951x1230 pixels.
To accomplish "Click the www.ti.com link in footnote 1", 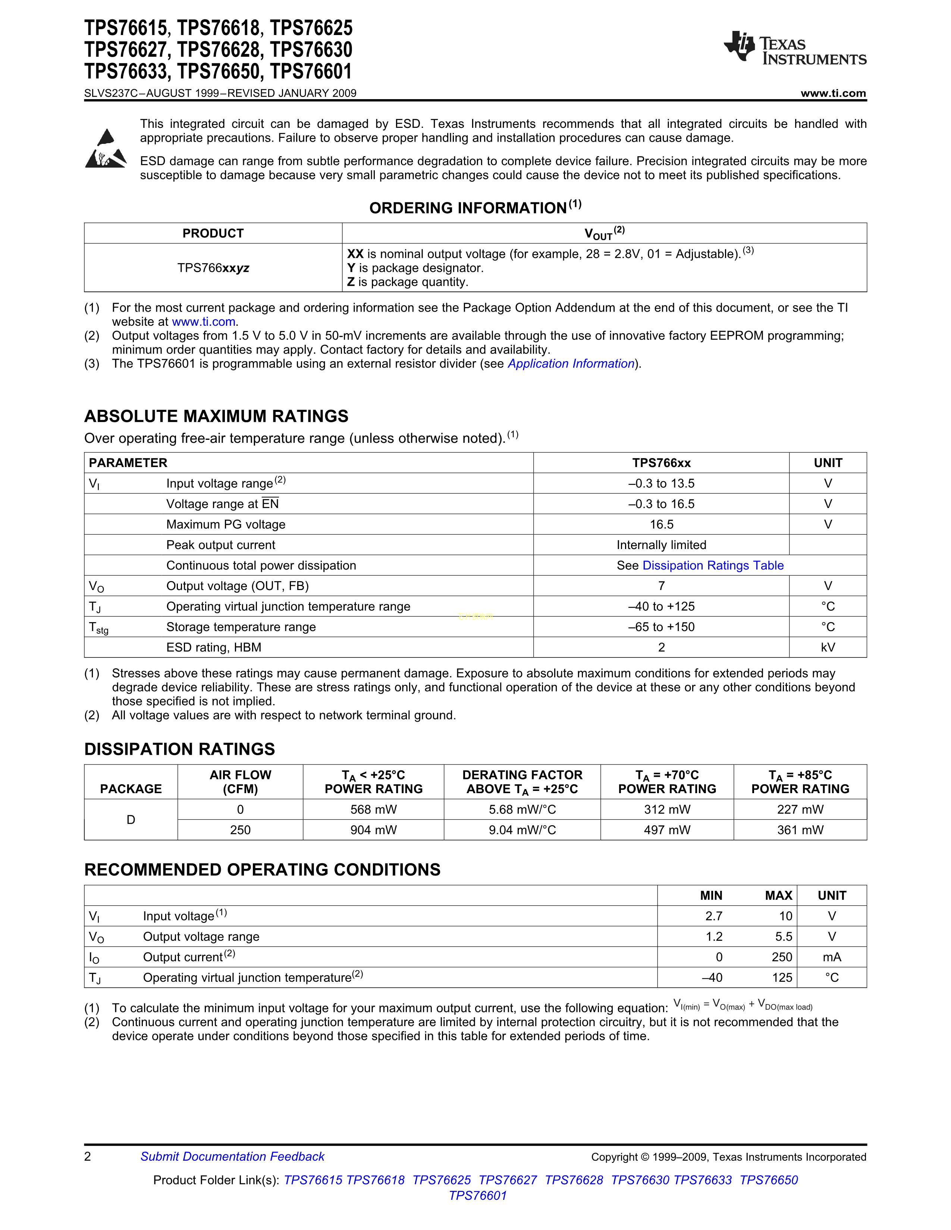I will point(203,322).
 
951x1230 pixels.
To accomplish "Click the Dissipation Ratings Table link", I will point(713,565).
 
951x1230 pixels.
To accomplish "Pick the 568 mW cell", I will point(374,809).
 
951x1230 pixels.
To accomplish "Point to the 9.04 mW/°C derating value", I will point(522,830).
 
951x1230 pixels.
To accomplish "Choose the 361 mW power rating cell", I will point(800,830).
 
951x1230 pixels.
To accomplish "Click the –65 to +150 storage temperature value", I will point(662,627).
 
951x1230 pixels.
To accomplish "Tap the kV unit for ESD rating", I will point(828,647).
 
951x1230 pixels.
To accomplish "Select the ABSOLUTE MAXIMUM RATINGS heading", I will point(216,416).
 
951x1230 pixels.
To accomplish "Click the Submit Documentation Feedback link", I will point(232,1156).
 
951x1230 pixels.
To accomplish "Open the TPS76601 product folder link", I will point(478,1195).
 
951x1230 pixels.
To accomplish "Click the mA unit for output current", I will point(832,957).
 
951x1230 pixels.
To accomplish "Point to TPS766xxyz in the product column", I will point(213,268).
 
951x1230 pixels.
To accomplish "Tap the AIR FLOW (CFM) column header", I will point(241,782).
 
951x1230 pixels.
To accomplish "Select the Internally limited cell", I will point(662,545).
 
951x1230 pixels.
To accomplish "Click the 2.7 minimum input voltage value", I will point(714,916).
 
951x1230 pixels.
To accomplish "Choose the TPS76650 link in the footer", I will point(769,1180).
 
